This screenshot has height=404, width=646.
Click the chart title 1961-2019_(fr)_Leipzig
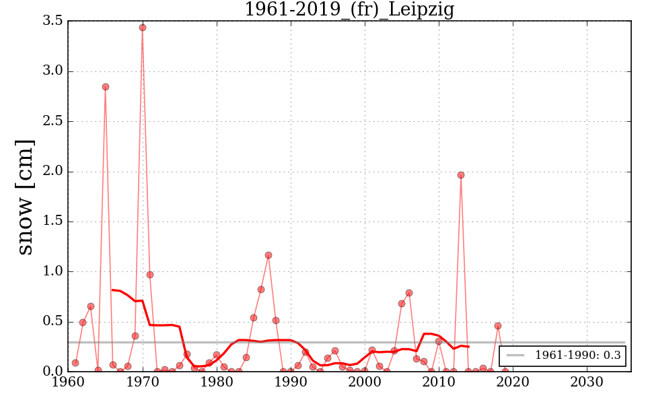tap(349, 9)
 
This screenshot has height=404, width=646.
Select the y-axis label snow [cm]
tap(25, 197)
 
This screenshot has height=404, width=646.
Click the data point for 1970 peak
tap(143, 28)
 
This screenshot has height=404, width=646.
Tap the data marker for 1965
tap(106, 87)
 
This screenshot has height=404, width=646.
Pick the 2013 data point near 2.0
tap(461, 175)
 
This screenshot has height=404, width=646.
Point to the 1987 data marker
tap(268, 255)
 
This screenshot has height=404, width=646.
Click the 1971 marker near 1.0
tap(150, 275)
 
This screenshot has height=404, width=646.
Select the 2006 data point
tap(409, 293)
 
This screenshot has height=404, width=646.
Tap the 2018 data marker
tap(498, 326)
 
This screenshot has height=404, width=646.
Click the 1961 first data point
tap(75, 363)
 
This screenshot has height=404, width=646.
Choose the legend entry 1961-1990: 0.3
tap(577, 356)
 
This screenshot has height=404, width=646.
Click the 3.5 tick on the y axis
tap(52, 22)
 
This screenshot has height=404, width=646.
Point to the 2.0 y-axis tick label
tap(52, 172)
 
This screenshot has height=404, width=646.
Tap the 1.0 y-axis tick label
tap(52, 271)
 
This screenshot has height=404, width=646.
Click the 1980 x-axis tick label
tap(217, 381)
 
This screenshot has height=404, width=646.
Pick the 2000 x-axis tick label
tap(365, 381)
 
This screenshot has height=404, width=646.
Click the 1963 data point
tap(91, 306)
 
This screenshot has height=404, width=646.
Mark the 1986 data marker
tap(261, 290)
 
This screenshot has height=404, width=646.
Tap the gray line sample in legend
tap(515, 356)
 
